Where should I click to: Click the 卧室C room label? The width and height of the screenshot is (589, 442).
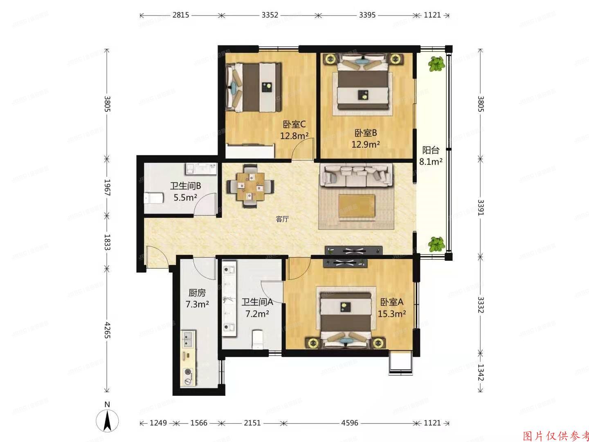click(x=294, y=124)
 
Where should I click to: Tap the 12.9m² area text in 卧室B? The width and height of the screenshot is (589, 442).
click(x=366, y=144)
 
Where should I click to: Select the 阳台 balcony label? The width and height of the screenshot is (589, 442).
click(x=430, y=150)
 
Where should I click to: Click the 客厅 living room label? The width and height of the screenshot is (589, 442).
click(x=282, y=219)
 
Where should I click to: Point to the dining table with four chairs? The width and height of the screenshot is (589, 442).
click(x=250, y=186)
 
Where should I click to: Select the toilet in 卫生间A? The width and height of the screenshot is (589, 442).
click(x=258, y=339)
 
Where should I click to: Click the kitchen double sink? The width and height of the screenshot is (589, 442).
click(x=189, y=338)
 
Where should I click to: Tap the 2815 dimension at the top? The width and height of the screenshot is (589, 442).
click(x=180, y=15)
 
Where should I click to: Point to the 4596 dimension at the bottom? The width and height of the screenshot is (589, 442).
click(x=350, y=423)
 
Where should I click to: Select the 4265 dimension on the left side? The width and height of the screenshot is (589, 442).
click(x=107, y=330)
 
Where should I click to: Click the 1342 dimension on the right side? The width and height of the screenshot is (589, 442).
click(x=481, y=372)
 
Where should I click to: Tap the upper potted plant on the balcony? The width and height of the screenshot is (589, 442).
click(x=436, y=63)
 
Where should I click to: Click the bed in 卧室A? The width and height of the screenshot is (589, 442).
click(x=346, y=317)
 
